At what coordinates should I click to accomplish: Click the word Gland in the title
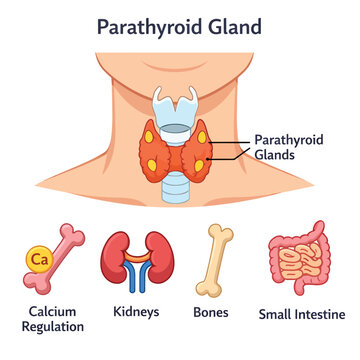[x=232, y=27]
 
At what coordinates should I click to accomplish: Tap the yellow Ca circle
[x=39, y=259]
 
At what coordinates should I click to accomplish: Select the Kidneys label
[x=136, y=312]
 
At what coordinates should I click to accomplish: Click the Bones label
[x=211, y=312]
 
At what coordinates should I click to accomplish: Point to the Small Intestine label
[x=302, y=314]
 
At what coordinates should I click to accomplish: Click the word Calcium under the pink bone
[x=52, y=312]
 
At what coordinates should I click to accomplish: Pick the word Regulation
[x=53, y=327]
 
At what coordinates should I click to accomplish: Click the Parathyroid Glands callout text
[x=289, y=147]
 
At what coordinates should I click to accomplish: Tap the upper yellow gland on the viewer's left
[x=149, y=137]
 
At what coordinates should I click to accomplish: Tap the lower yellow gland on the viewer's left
[x=152, y=165]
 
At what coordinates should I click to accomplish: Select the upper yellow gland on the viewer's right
[x=202, y=137]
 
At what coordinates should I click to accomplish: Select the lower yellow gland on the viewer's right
[x=199, y=166]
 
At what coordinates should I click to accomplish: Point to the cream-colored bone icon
[x=214, y=260]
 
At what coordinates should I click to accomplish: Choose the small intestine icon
[x=299, y=258]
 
